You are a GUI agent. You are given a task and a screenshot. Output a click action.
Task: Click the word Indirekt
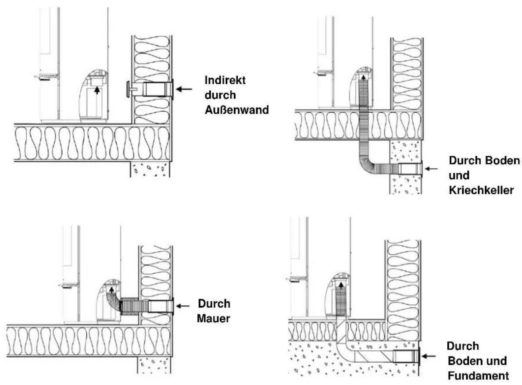(x=225, y=80)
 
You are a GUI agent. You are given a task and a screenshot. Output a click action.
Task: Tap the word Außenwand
(x=237, y=110)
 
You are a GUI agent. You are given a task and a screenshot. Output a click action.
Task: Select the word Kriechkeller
(x=481, y=190)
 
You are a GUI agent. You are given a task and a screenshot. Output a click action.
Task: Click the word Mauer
(x=213, y=318)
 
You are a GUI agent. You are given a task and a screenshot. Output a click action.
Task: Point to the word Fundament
(x=479, y=376)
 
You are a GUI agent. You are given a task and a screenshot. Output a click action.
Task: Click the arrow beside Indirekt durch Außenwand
(x=184, y=89)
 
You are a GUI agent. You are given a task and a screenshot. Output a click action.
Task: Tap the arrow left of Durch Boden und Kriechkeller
(x=432, y=169)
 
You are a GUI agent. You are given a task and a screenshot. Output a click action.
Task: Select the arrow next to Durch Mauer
(x=183, y=306)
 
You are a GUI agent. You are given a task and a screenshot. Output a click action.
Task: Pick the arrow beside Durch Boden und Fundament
(x=429, y=356)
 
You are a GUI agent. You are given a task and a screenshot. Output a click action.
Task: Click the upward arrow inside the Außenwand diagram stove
(x=97, y=90)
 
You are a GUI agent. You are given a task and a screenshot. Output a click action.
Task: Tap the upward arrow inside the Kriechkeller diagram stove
(x=364, y=78)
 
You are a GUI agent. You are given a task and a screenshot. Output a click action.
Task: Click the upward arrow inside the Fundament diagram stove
(x=341, y=285)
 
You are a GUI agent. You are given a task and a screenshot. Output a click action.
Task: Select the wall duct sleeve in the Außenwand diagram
(x=157, y=89)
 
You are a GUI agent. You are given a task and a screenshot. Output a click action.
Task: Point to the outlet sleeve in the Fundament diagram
(x=406, y=356)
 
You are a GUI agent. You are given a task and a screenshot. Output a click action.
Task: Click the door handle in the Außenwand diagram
(x=46, y=77)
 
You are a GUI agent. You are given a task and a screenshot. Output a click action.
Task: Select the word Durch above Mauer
(x=214, y=303)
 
